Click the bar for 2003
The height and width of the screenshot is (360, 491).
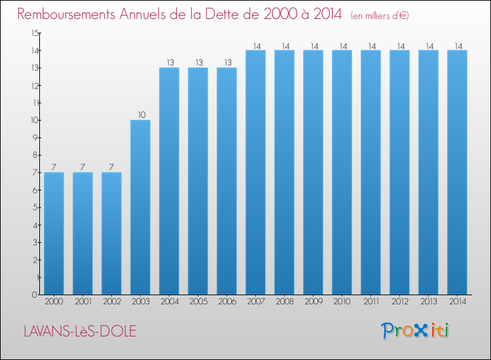click(x=140, y=207)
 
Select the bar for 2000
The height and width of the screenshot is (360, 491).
click(x=54, y=234)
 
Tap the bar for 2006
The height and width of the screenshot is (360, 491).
click(x=227, y=181)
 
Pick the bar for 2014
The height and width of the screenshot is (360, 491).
click(x=457, y=172)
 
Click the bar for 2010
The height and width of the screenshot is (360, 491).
click(x=342, y=172)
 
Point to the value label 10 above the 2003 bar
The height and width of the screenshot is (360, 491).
click(x=142, y=115)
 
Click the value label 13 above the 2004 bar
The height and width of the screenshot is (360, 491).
click(x=170, y=63)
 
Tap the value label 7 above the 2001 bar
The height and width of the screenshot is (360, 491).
click(x=82, y=167)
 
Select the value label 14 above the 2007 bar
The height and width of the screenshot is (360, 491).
click(x=257, y=46)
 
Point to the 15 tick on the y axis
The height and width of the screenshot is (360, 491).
click(x=35, y=33)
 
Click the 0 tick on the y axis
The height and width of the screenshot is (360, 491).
click(x=35, y=295)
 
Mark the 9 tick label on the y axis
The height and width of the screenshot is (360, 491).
click(x=35, y=137)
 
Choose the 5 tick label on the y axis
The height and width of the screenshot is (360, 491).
click(x=35, y=207)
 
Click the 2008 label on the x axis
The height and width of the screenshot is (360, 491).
click(x=285, y=301)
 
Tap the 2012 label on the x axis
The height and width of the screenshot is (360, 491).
click(x=400, y=301)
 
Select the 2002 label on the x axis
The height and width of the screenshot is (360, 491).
click(x=112, y=301)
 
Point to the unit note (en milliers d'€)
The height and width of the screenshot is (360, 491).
click(x=380, y=16)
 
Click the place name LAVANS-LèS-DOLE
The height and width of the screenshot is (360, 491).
click(x=80, y=331)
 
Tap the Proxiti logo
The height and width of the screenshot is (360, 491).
click(x=415, y=331)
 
